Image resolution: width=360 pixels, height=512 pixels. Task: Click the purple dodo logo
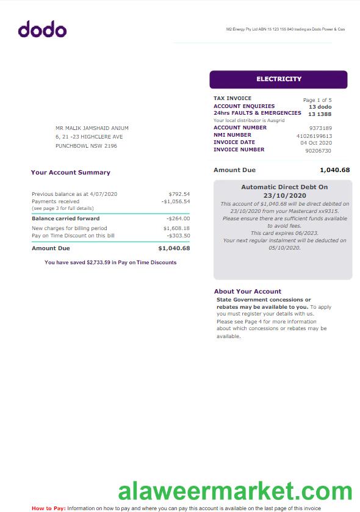pyautogui.click(x=42, y=29)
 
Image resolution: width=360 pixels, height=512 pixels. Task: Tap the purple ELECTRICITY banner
pyautogui.click(x=278, y=79)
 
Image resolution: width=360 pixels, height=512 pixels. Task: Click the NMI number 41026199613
pyautogui.click(x=314, y=136)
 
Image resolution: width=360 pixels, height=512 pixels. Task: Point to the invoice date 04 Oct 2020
pyautogui.click(x=316, y=143)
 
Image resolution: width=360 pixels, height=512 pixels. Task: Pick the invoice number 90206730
pyautogui.click(x=318, y=151)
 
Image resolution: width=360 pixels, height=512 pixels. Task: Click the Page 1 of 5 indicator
pyautogui.click(x=317, y=100)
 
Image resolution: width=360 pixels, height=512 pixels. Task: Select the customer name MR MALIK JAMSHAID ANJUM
pyautogui.click(x=92, y=128)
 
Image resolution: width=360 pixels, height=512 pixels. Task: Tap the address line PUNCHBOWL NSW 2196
pyautogui.click(x=86, y=146)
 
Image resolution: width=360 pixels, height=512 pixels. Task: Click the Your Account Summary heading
pyautogui.click(x=71, y=173)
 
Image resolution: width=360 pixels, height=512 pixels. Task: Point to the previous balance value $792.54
pyautogui.click(x=179, y=194)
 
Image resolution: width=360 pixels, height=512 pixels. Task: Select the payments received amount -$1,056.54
pyautogui.click(x=176, y=201)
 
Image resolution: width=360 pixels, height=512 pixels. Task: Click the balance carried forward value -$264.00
pyautogui.click(x=178, y=218)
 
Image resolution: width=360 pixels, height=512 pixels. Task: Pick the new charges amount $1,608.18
pyautogui.click(x=177, y=228)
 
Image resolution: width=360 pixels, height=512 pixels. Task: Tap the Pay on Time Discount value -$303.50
pyautogui.click(x=178, y=236)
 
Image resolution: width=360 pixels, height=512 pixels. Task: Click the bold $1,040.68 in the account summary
pyautogui.click(x=174, y=248)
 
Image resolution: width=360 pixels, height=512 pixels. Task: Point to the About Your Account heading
pyautogui.click(x=248, y=292)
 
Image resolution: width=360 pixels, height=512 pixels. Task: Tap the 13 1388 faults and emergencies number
pyautogui.click(x=320, y=114)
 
